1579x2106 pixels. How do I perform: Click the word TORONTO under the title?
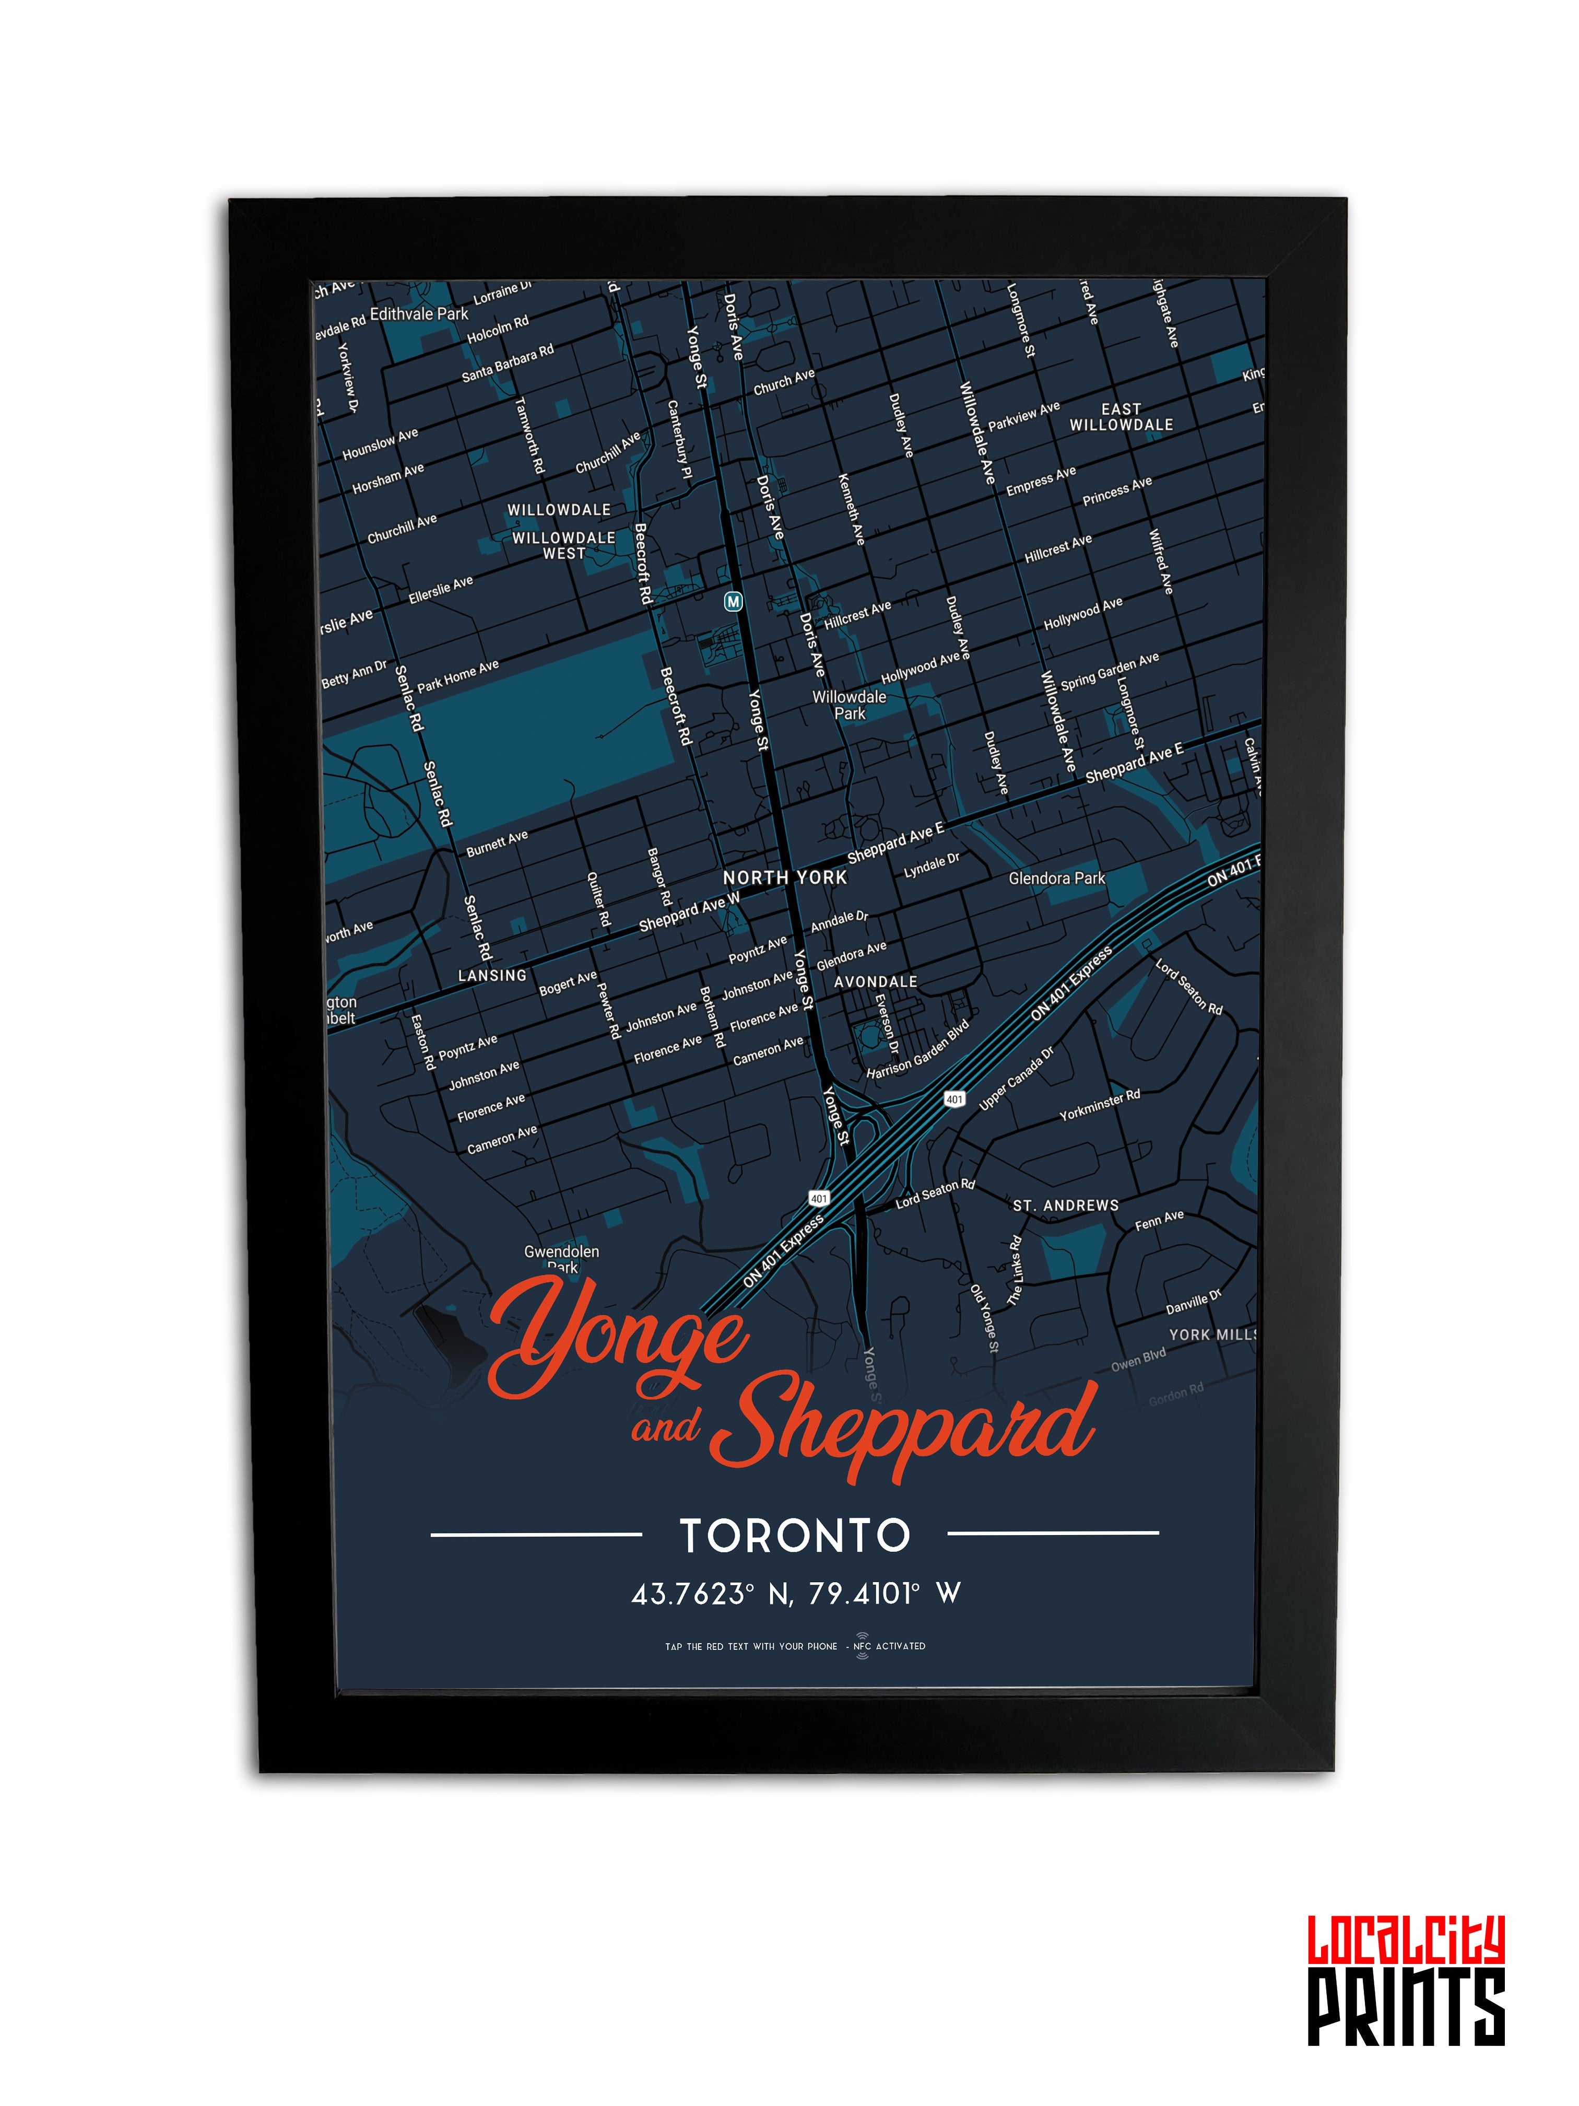point(795,1536)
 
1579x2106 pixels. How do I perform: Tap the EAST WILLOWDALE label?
point(1121,417)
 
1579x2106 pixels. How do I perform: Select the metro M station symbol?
point(732,602)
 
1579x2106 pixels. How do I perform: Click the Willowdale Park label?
point(849,705)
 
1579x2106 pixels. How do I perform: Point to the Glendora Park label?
point(1056,878)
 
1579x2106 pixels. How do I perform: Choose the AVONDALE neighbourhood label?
point(876,981)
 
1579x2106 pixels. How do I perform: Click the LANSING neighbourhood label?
point(492,976)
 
